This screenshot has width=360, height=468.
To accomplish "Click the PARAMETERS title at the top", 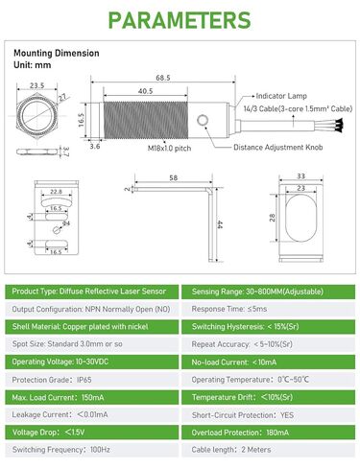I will (180, 21).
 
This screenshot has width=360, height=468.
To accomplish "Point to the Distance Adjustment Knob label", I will (279, 146).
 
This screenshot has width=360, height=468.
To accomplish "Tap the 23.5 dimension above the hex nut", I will (38, 86).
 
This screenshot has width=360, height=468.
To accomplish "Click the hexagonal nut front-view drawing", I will (36, 119).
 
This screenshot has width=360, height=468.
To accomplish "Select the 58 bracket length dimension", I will (173, 177).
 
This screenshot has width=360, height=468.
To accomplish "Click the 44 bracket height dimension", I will (220, 223).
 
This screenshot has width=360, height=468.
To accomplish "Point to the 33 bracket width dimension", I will (301, 175).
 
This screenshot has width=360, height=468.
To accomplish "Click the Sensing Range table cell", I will (269, 291).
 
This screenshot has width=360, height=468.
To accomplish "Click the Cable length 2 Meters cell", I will (269, 450).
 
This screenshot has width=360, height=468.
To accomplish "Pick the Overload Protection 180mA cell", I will (269, 432).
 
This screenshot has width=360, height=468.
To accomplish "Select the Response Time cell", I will (269, 309).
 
